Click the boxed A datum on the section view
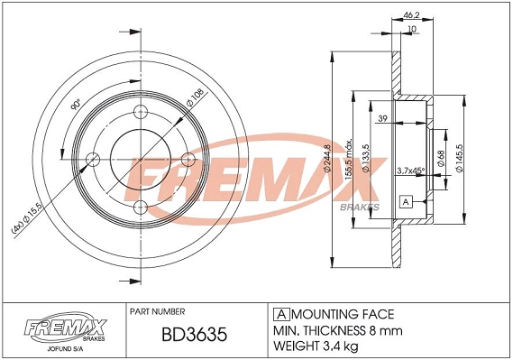tap(406, 201)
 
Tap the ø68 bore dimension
tap(440, 158)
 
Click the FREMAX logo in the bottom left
tap(59, 326)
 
